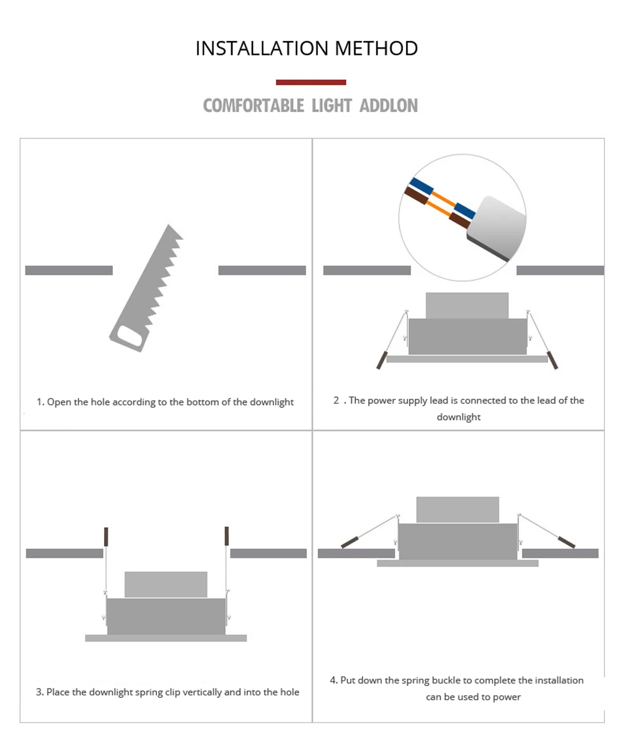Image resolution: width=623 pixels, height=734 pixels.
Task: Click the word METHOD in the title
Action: click(x=376, y=48)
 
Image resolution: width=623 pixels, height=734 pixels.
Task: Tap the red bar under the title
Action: click(x=311, y=82)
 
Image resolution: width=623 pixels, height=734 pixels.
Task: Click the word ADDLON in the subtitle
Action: click(x=389, y=106)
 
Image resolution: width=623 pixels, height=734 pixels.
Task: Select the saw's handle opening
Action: click(x=130, y=336)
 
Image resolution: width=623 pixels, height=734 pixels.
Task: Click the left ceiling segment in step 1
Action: click(x=69, y=270)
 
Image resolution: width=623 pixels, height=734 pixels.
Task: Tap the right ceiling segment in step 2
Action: click(x=560, y=270)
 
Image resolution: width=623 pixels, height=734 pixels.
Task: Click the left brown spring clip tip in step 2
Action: click(x=382, y=360)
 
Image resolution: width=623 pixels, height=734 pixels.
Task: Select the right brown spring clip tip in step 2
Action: click(x=553, y=360)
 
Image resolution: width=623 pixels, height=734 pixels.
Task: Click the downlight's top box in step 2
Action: click(x=467, y=306)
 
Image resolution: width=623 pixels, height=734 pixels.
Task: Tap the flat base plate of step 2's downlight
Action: click(x=467, y=359)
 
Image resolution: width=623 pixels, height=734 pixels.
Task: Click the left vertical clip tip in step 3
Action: click(x=107, y=536)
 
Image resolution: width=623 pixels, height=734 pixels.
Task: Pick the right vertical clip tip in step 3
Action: click(x=227, y=536)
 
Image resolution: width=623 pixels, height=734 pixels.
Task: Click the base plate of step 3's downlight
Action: click(x=166, y=638)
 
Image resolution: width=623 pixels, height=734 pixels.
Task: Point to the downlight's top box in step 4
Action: click(x=458, y=510)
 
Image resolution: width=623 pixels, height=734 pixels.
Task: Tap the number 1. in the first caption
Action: click(x=40, y=402)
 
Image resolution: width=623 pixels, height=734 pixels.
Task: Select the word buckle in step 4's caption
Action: click(x=445, y=680)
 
